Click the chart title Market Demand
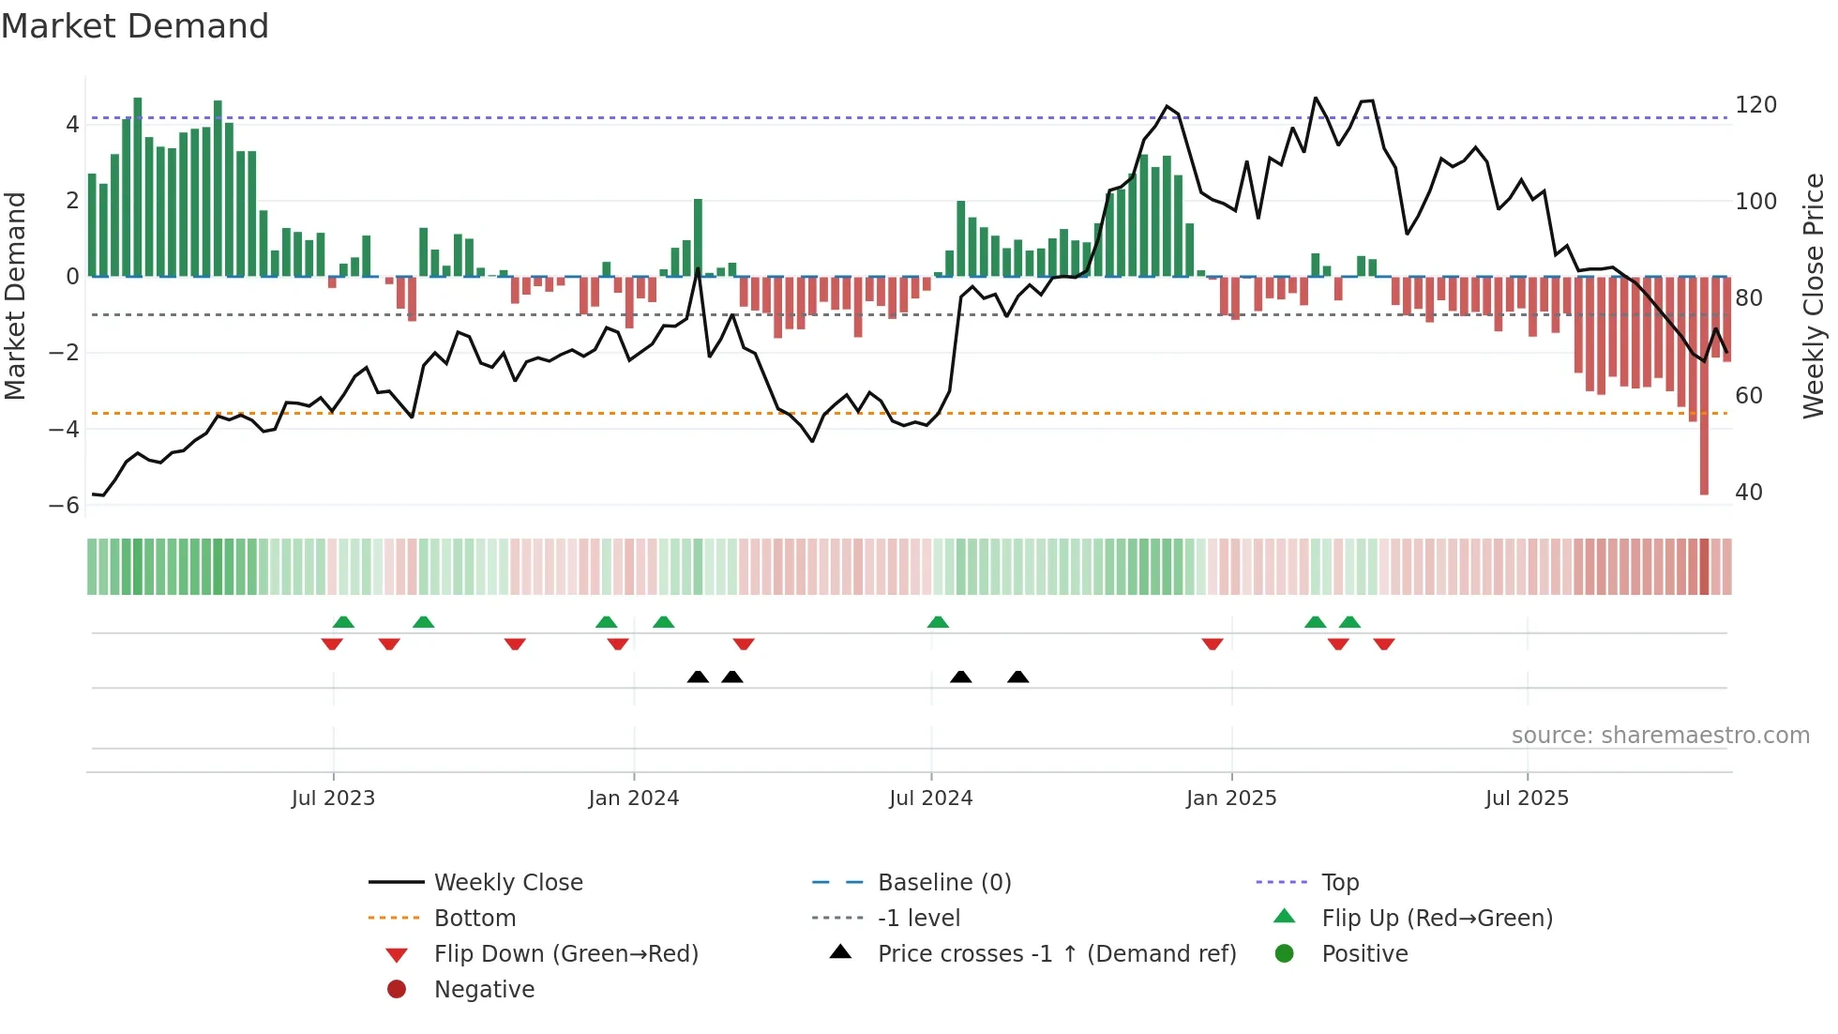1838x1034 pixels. tap(135, 26)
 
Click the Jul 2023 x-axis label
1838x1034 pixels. tap(333, 798)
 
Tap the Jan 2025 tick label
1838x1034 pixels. tap(1230, 798)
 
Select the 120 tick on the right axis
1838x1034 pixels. tap(1755, 105)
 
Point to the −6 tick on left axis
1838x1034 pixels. tap(65, 506)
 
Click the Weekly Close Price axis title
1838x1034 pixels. tap(1814, 296)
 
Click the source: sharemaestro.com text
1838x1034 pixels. tap(1660, 736)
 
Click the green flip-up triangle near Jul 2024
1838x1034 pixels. tap(938, 622)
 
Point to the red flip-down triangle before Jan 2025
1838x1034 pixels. tap(1213, 644)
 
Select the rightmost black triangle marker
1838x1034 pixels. tap(1018, 677)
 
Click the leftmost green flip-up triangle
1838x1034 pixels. tap(343, 622)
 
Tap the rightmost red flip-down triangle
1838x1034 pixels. tap(1384, 644)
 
